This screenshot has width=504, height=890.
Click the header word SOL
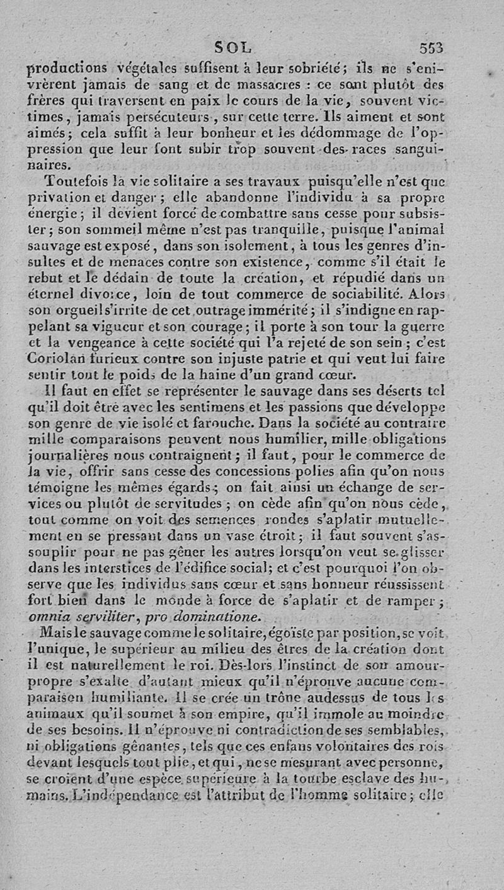(x=232, y=47)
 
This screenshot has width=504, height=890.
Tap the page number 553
(x=431, y=48)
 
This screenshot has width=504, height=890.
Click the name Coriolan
(x=55, y=360)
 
